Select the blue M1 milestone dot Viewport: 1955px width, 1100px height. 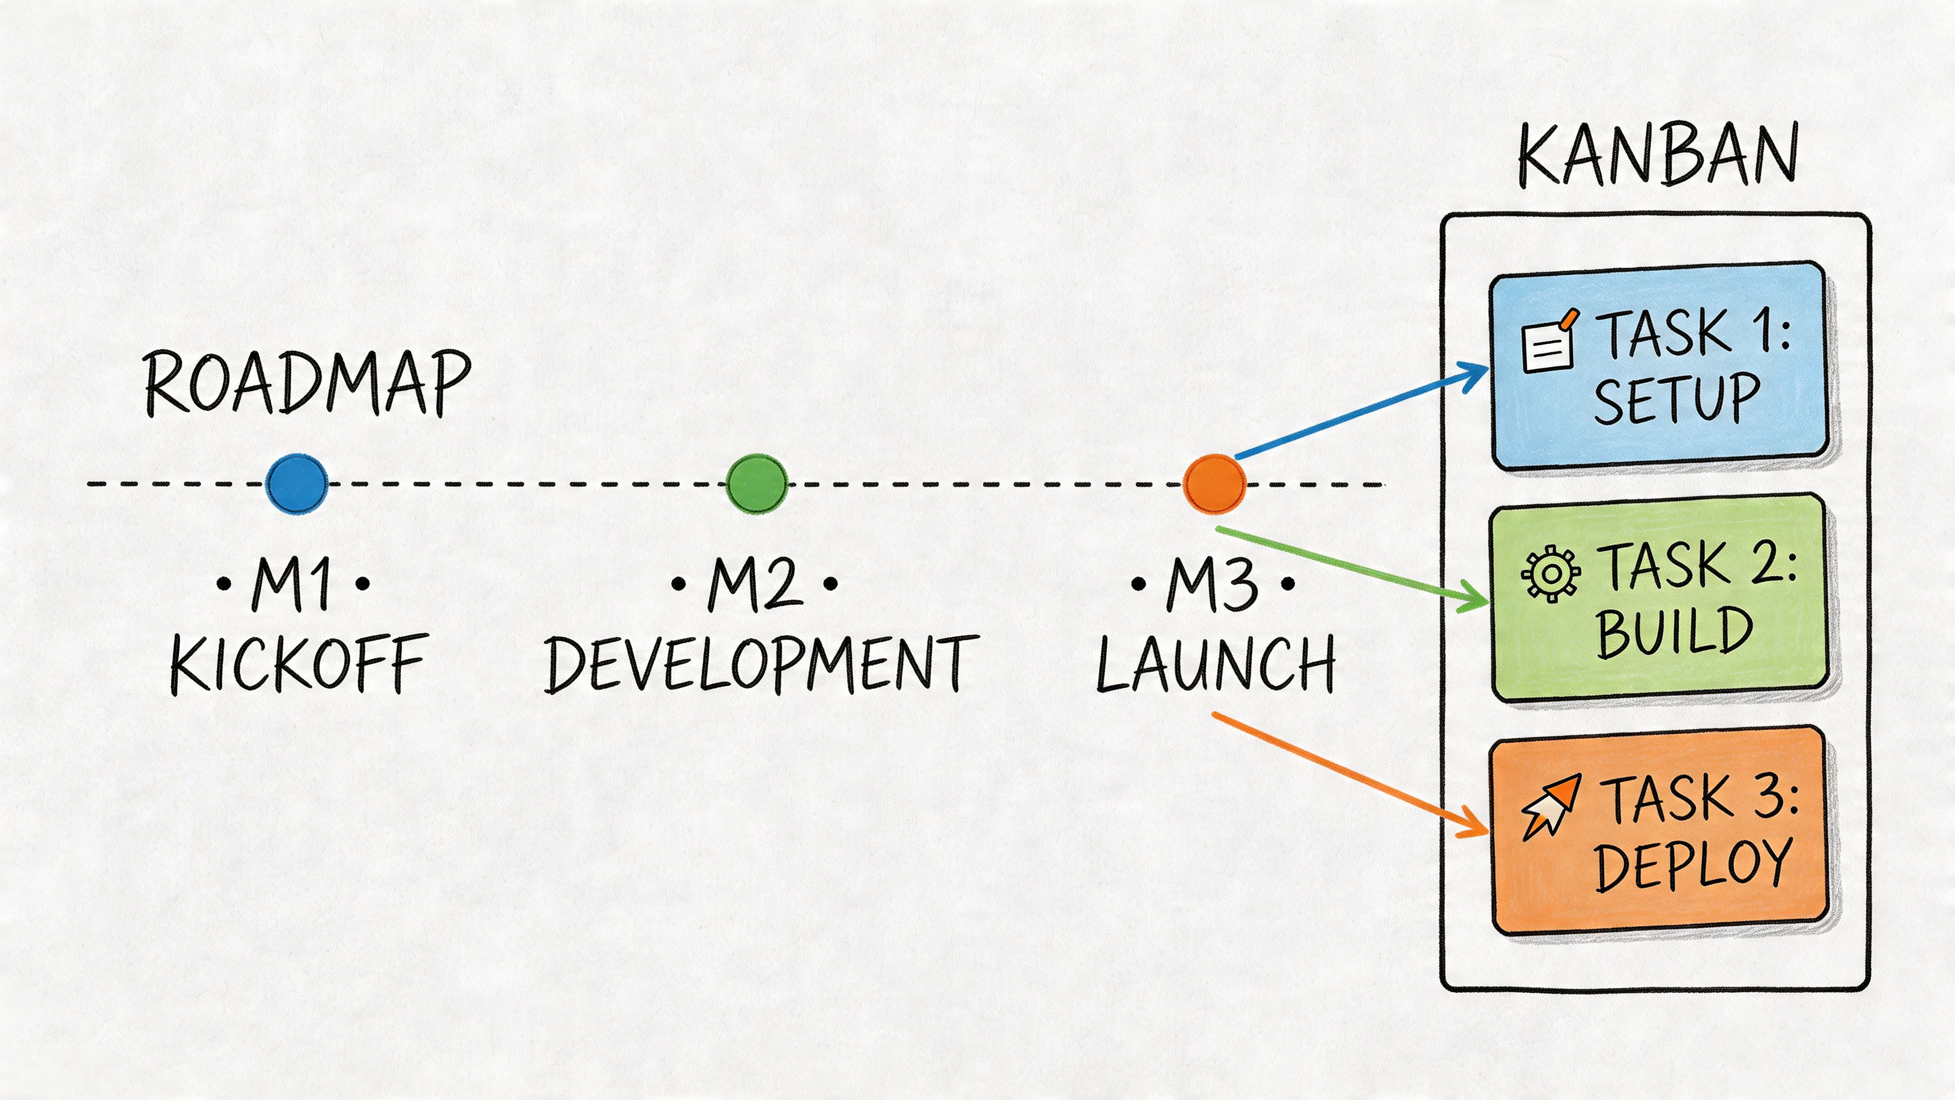(x=297, y=484)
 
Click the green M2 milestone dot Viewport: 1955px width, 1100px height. (x=756, y=484)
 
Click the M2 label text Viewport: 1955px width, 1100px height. (x=755, y=584)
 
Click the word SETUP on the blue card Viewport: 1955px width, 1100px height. (x=1676, y=399)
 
